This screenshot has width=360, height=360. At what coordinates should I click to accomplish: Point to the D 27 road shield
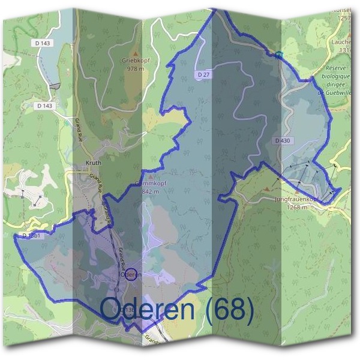pyautogui.click(x=203, y=74)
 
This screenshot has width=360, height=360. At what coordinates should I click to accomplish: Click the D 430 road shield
pyautogui.click(x=283, y=140)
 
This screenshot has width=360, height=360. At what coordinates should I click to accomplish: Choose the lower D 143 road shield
pyautogui.click(x=44, y=106)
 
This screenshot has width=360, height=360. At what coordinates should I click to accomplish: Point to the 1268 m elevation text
pyautogui.click(x=296, y=207)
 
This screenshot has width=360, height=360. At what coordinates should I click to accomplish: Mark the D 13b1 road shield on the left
pyautogui.click(x=32, y=236)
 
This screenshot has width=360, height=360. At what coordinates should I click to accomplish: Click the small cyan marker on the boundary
pyautogui.click(x=279, y=55)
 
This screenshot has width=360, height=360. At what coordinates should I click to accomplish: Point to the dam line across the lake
pyautogui.click(x=56, y=86)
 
